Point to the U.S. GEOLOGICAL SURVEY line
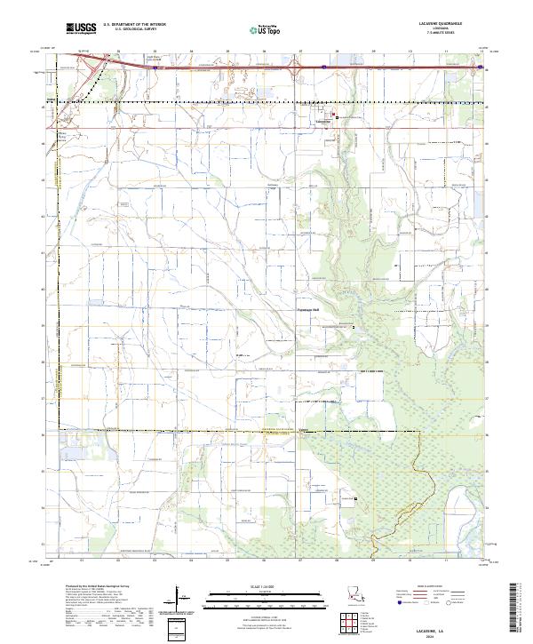tap(130, 29)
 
